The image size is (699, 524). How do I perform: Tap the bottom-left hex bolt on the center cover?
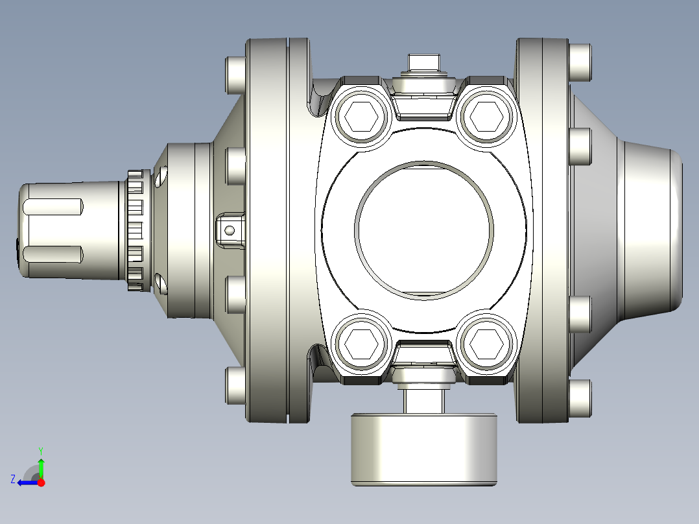(361, 342)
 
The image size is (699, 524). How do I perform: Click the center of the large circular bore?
(423, 230)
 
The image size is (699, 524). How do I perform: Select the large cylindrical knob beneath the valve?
(424, 449)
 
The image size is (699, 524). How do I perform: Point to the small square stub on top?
(423, 63)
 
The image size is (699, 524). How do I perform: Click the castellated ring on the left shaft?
(135, 230)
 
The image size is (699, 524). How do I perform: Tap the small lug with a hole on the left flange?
(230, 230)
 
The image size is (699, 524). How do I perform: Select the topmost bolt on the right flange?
(580, 62)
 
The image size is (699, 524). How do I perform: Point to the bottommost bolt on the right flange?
(580, 397)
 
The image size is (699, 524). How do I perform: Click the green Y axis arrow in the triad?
(41, 466)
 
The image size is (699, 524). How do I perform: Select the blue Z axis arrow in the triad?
(25, 482)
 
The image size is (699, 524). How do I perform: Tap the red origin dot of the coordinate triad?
(41, 482)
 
